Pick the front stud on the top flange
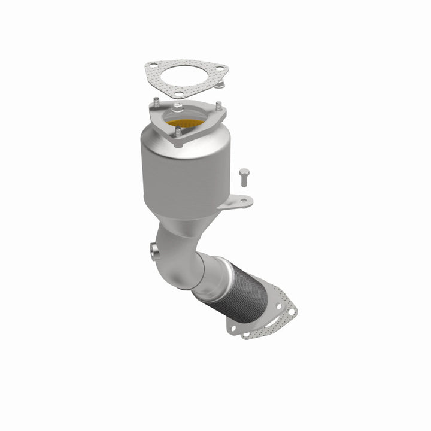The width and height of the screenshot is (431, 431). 177,135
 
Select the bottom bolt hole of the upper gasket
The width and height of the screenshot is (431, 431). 177,93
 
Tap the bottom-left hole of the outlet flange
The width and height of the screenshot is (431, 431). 230,328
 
